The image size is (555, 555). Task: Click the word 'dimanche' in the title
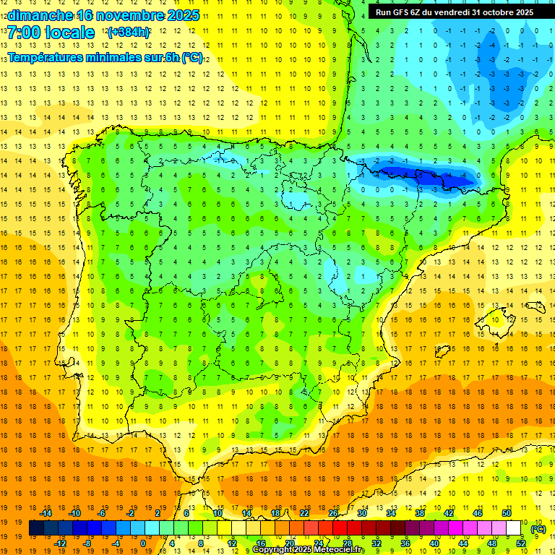pos(40,14)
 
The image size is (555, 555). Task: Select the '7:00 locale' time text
pos(51,33)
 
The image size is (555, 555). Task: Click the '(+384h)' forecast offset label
pos(129,33)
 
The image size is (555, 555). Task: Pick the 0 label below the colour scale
pos(143,543)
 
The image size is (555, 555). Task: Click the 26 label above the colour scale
pos(333,513)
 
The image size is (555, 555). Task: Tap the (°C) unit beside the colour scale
pos(538,529)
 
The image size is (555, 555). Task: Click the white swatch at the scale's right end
pos(514,528)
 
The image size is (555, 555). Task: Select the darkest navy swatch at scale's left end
pos(36,528)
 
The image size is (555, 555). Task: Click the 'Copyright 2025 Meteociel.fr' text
pos(309,550)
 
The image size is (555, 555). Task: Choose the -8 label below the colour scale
pos(87,543)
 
